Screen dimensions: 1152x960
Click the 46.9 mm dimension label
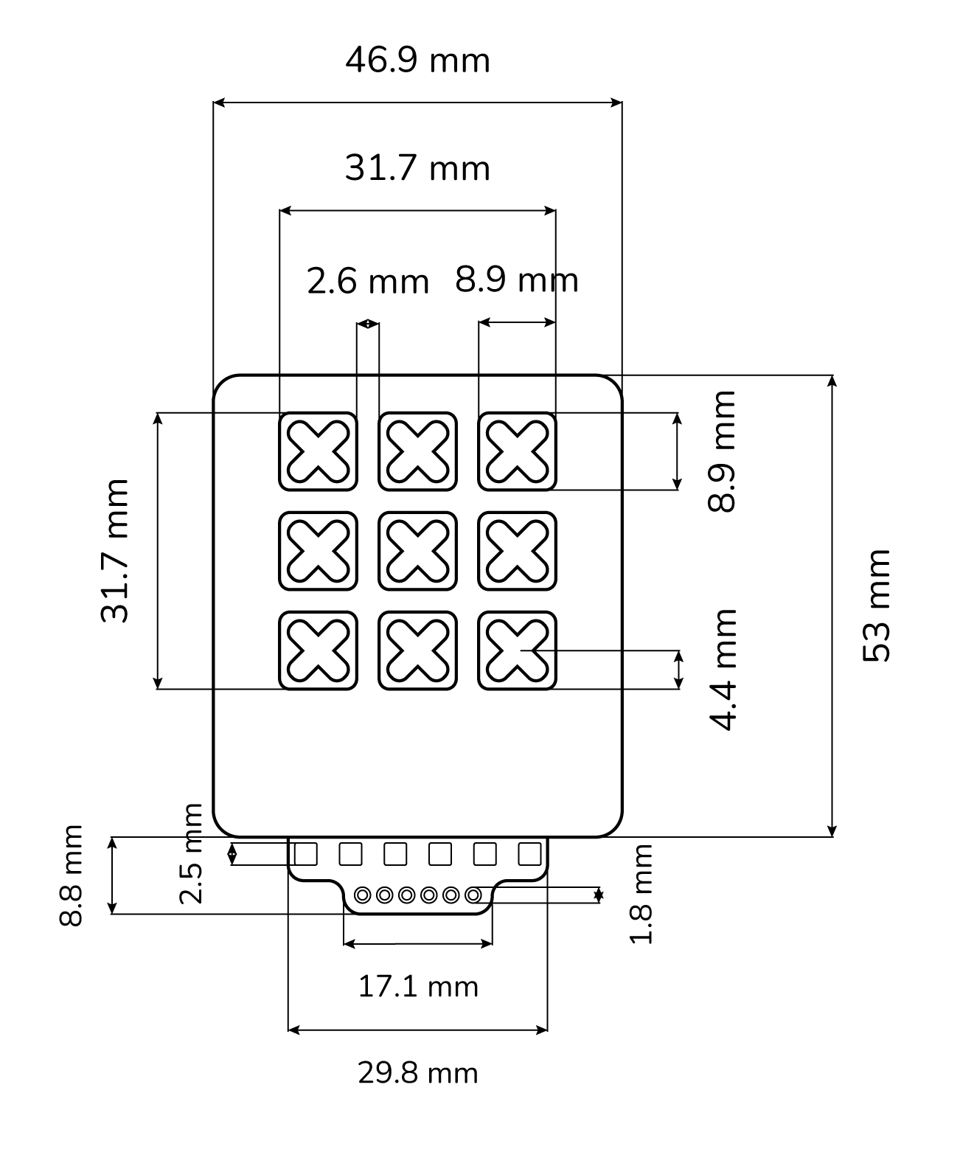pyautogui.click(x=417, y=60)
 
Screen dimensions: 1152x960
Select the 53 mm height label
pyautogui.click(x=877, y=606)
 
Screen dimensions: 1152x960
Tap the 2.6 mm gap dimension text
pyautogui.click(x=367, y=282)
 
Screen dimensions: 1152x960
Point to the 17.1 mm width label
pyautogui.click(x=418, y=987)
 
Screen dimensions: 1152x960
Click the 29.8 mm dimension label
pyautogui.click(x=418, y=1073)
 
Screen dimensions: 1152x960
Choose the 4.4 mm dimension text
pyautogui.click(x=723, y=669)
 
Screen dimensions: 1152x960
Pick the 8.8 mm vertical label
pyautogui.click(x=72, y=875)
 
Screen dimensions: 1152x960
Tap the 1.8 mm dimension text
pyautogui.click(x=641, y=894)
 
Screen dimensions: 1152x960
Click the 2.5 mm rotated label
pyautogui.click(x=191, y=854)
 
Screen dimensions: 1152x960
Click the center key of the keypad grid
pyautogui.click(x=417, y=551)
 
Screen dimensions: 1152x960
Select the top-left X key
pyautogui.click(x=318, y=451)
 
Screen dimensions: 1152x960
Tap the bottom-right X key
pyautogui.click(x=517, y=650)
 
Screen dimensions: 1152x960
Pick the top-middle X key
pyautogui.click(x=417, y=451)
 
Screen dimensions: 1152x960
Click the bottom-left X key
pyautogui.click(x=318, y=650)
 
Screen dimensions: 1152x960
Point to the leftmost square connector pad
pyautogui.click(x=305, y=854)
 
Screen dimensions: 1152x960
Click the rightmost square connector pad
pyautogui.click(x=529, y=854)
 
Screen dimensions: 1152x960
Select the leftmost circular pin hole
pyautogui.click(x=362, y=895)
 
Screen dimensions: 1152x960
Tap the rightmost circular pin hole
pyautogui.click(x=473, y=895)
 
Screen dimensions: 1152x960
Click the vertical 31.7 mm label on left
pyautogui.click(x=115, y=551)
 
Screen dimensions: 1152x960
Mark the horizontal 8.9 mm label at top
pyautogui.click(x=516, y=280)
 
